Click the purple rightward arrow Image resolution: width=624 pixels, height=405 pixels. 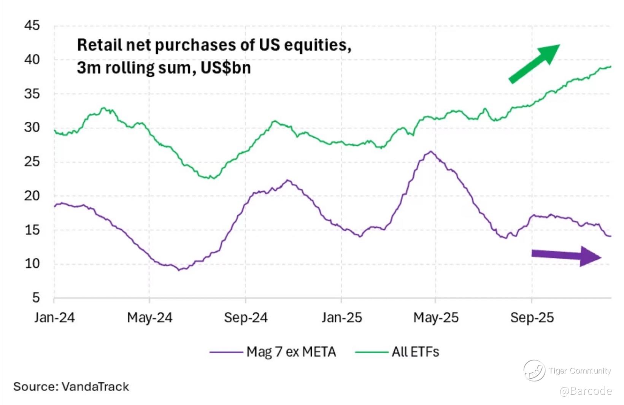566,256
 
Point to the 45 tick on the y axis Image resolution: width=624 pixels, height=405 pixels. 32,26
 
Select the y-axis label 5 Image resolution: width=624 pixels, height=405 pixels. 36,297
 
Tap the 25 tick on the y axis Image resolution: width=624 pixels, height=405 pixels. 32,162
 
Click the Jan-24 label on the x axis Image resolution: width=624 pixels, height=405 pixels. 54,318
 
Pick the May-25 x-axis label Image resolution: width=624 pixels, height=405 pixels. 436,318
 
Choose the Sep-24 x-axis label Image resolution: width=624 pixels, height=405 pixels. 246,318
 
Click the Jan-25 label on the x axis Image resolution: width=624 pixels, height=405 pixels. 341,318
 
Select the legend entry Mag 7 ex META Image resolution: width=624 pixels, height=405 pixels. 291,352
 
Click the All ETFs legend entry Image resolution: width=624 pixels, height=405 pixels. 415,352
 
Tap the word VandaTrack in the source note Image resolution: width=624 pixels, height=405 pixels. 95,387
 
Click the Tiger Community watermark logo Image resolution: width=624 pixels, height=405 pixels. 534,370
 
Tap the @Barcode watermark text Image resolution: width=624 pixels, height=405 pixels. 586,391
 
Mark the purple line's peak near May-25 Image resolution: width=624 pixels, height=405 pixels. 430,152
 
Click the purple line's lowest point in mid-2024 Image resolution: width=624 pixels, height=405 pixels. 179,270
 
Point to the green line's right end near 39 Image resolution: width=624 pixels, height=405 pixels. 610,67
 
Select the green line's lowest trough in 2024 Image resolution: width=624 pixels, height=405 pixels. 213,178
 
